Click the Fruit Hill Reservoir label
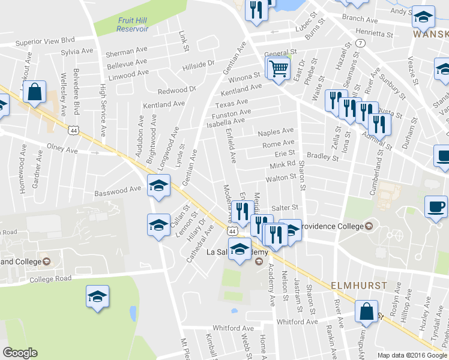click(132, 24)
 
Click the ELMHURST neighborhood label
click(357, 284)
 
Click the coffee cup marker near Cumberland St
click(436, 207)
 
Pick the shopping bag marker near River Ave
click(366, 312)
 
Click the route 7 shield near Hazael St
click(360, 44)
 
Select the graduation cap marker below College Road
click(97, 297)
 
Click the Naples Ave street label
click(276, 131)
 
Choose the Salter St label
click(286, 207)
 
